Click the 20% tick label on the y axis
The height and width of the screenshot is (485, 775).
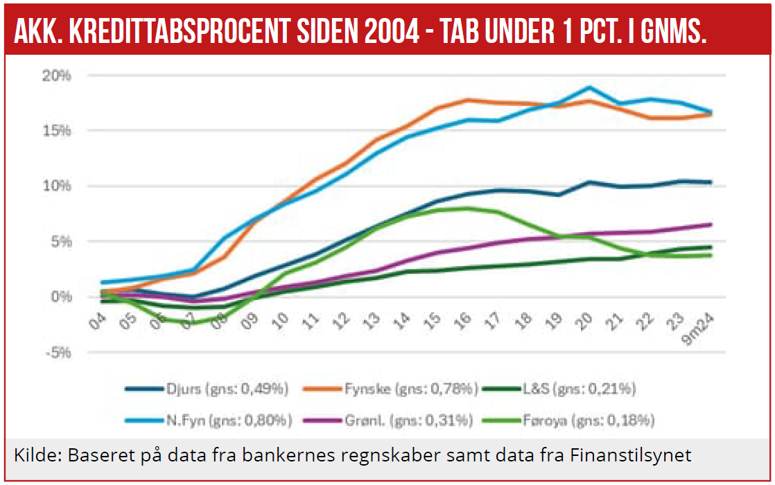(x=58, y=76)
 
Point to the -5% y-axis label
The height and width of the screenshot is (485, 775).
(x=58, y=353)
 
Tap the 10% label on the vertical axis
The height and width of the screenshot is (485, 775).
(x=58, y=186)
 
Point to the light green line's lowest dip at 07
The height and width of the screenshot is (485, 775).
(x=194, y=323)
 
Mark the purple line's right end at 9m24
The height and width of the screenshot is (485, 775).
(x=711, y=224)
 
